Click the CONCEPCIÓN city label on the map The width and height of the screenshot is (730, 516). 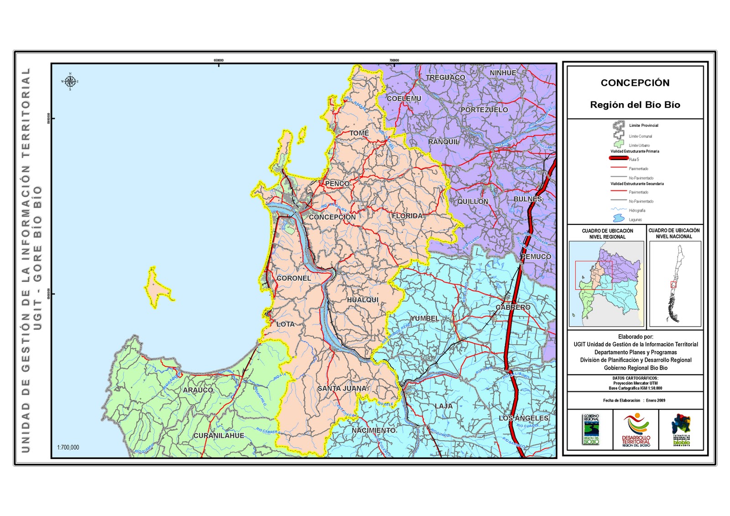pos(332,217)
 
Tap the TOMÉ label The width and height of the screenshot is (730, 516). pos(359,133)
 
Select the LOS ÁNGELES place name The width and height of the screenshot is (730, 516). pos(523,418)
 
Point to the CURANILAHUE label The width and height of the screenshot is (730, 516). pos(219,436)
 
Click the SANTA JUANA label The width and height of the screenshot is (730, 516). pos(342,388)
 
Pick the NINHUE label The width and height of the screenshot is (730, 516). pos(503,73)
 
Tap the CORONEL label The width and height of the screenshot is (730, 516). pos(293,278)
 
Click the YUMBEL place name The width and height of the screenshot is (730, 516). pos(424,318)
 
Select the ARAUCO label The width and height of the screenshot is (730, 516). pos(198,390)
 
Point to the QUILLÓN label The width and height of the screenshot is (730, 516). pos(473,202)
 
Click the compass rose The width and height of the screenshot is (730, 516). pos(70,82)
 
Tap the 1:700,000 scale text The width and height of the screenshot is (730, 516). pos(68,448)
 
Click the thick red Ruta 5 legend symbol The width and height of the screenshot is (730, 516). pos(619,158)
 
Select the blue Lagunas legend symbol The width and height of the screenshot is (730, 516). pos(619,219)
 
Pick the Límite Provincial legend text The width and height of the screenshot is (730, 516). pos(643,125)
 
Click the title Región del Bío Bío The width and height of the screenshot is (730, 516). pos(635,105)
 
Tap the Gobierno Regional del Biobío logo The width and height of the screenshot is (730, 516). pos(591,429)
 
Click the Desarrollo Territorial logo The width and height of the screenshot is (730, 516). pos(636,429)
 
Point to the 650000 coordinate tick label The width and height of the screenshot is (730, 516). pos(219,60)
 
